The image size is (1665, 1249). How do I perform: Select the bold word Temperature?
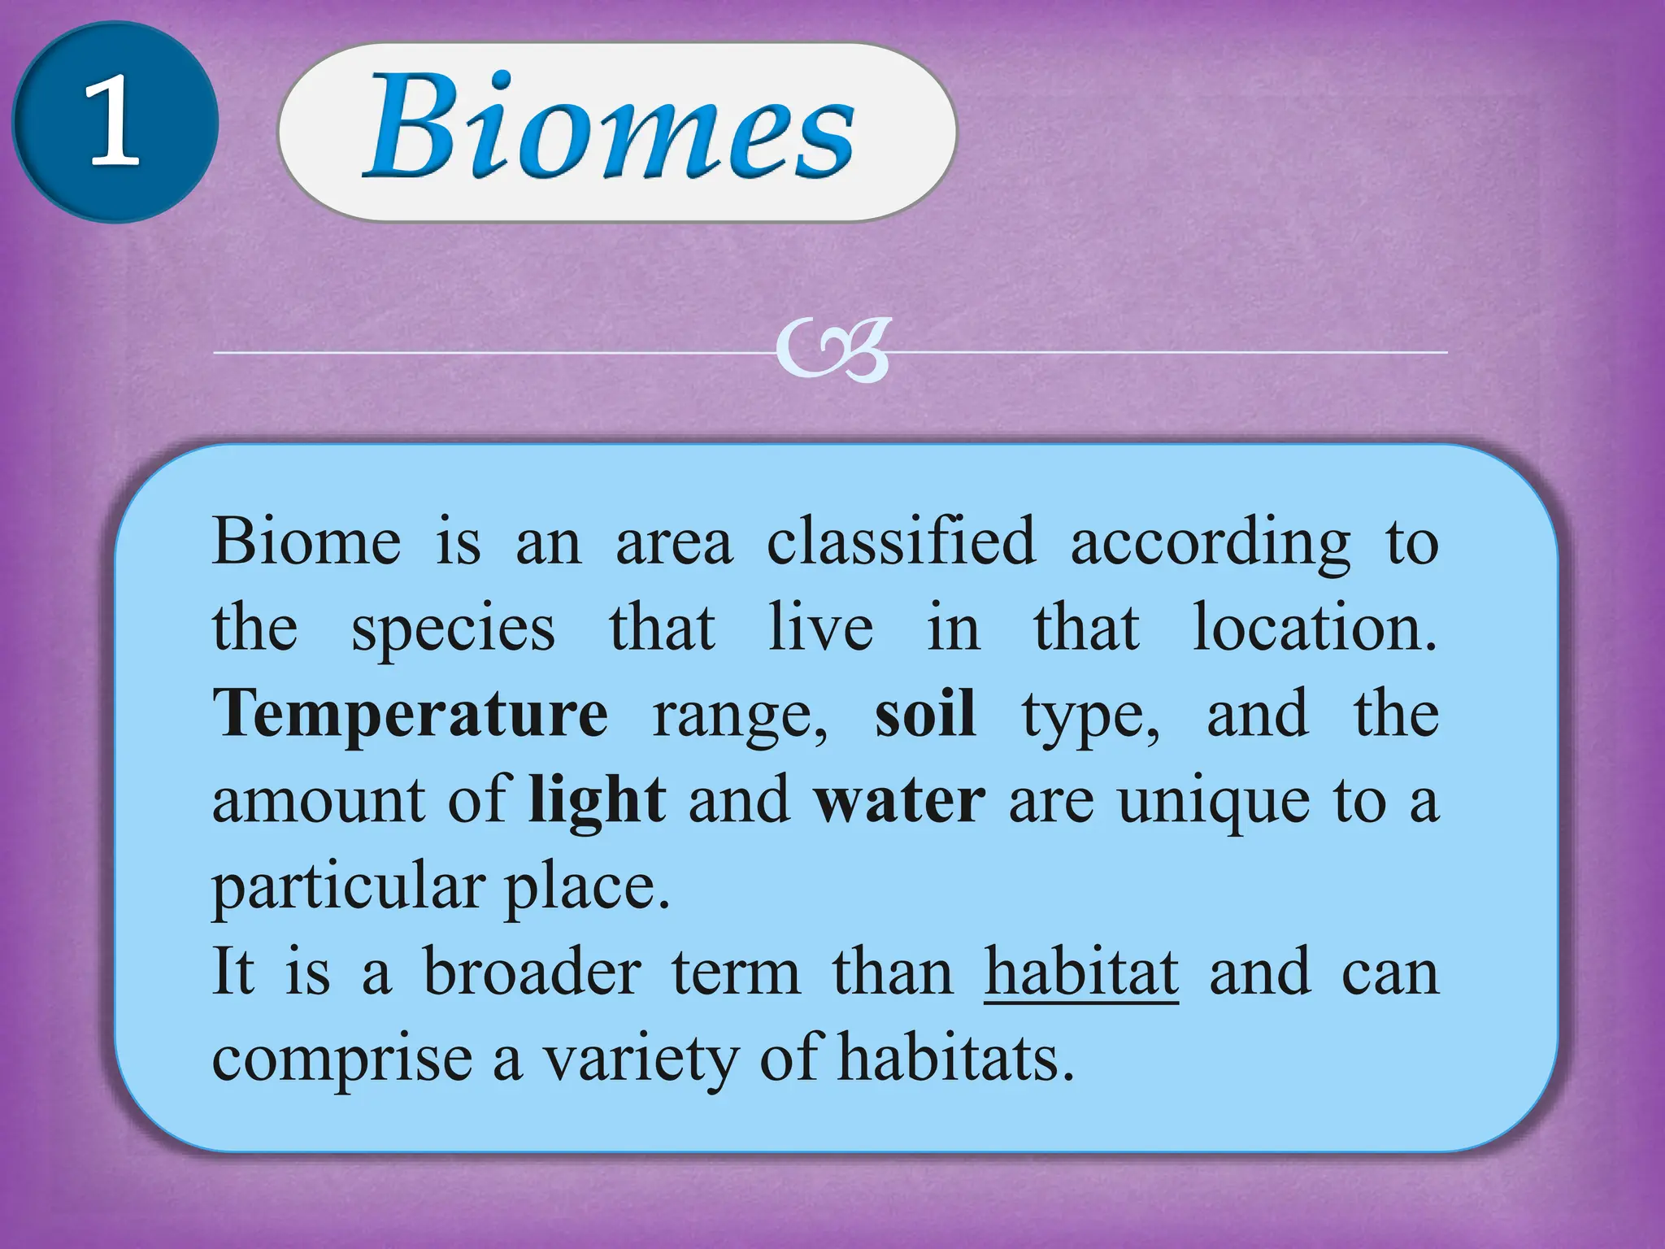410,714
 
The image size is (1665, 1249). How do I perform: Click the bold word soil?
925,714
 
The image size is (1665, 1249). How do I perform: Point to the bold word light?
597,802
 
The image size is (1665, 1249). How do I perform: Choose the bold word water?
899,802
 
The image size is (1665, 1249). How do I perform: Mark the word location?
1315,628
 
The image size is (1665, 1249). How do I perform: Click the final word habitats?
956,1058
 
